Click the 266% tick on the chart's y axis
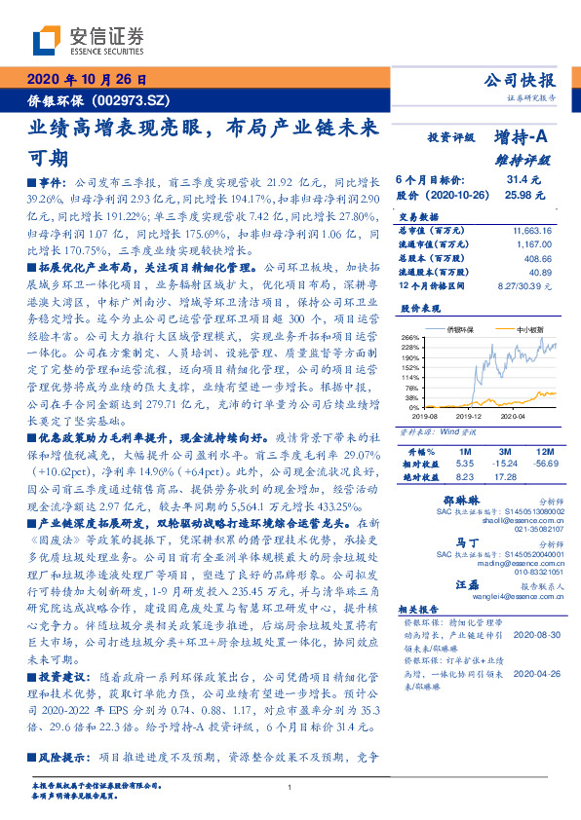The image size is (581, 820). tap(411, 336)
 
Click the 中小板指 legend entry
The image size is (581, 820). tap(528, 329)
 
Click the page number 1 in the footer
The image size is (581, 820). tap(290, 788)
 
